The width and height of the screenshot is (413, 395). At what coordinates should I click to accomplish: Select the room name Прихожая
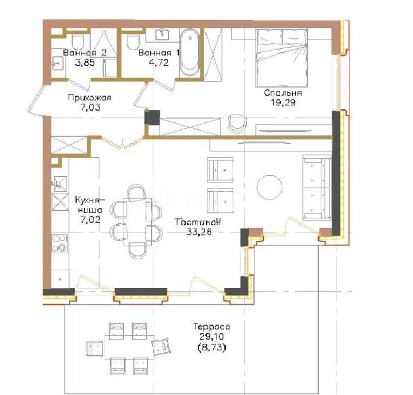tap(89, 98)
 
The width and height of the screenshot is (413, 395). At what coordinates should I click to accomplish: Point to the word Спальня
tap(283, 93)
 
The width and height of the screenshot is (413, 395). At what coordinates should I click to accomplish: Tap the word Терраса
tap(211, 327)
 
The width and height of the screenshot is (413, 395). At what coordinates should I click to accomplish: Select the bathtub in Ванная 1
tap(189, 52)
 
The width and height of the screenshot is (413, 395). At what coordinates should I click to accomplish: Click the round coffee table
tap(269, 187)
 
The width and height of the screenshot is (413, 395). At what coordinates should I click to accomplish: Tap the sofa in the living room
tap(316, 187)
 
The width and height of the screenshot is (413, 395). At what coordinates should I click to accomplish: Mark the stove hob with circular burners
tap(59, 243)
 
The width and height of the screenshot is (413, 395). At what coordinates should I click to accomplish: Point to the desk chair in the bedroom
tap(236, 123)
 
